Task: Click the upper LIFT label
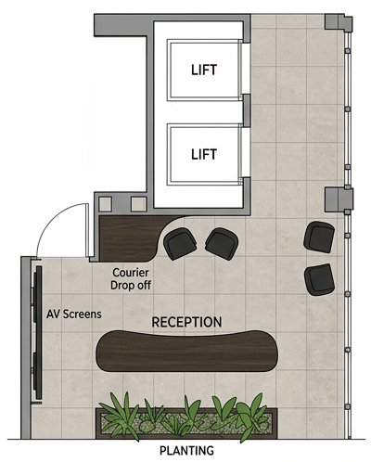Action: pos(204,70)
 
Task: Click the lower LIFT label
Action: pos(204,154)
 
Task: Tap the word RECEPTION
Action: pos(186,322)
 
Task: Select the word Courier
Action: pos(131,273)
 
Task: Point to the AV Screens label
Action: pos(74,314)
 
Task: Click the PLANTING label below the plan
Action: pos(186,450)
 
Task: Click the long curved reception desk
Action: pos(186,351)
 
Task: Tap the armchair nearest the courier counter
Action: pos(180,243)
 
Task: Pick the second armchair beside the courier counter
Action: pos(222,243)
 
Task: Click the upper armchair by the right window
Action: pos(319,237)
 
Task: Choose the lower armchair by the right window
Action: pos(320,279)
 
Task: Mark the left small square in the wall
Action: pos(105,204)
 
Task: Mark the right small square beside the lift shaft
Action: pos(139,204)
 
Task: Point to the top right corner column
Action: pos(339,23)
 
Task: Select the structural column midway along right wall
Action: pos(339,199)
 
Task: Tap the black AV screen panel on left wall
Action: pos(38,332)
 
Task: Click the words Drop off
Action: pos(131,285)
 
